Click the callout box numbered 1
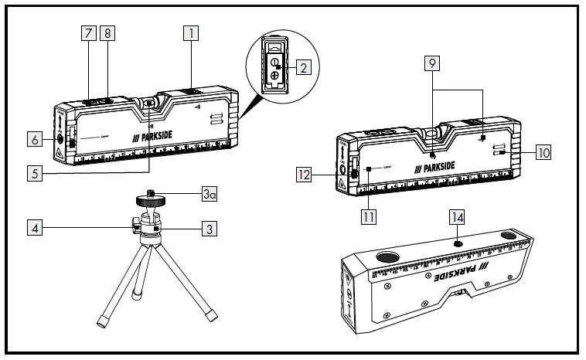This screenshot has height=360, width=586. [x=191, y=33]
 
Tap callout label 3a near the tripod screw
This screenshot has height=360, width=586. [x=208, y=196]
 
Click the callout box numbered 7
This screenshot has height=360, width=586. [x=89, y=33]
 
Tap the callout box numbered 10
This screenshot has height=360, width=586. [x=543, y=152]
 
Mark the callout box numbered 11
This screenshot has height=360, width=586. [x=369, y=217]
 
